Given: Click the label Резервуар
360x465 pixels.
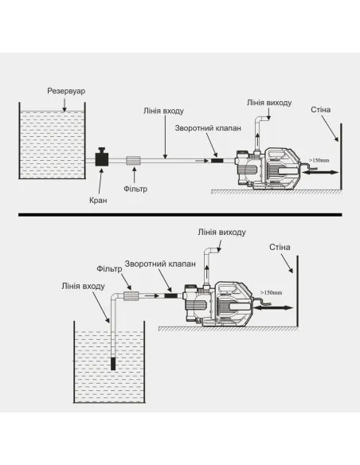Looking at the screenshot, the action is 66,91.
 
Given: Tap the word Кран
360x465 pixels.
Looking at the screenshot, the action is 98,201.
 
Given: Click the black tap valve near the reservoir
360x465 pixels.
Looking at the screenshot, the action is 102,157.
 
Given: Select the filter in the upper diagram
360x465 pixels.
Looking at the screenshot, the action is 133,161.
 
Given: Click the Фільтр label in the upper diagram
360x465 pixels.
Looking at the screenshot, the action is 135,189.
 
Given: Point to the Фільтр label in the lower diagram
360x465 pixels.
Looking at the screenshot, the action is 109,269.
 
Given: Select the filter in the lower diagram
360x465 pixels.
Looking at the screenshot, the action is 131,296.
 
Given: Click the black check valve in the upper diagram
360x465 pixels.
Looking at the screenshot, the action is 217,160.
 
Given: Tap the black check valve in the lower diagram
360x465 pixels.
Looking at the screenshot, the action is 171,295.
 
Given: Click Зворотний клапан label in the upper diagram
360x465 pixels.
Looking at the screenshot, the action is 208,128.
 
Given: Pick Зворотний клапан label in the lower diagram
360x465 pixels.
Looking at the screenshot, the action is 160,264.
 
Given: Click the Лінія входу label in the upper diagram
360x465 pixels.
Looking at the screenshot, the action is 164,111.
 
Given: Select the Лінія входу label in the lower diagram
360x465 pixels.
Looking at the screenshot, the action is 84,286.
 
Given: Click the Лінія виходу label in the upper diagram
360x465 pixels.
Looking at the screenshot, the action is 269,103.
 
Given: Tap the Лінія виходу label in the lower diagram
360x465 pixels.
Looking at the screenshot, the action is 221,232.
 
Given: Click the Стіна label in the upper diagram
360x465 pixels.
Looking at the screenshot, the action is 320,110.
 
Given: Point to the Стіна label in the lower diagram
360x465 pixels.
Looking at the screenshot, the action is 280,247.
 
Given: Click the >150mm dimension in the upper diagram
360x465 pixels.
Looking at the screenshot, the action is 319,160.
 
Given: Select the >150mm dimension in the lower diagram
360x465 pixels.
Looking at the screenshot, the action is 271,293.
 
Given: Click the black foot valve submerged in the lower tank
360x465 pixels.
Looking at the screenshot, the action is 113,364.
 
